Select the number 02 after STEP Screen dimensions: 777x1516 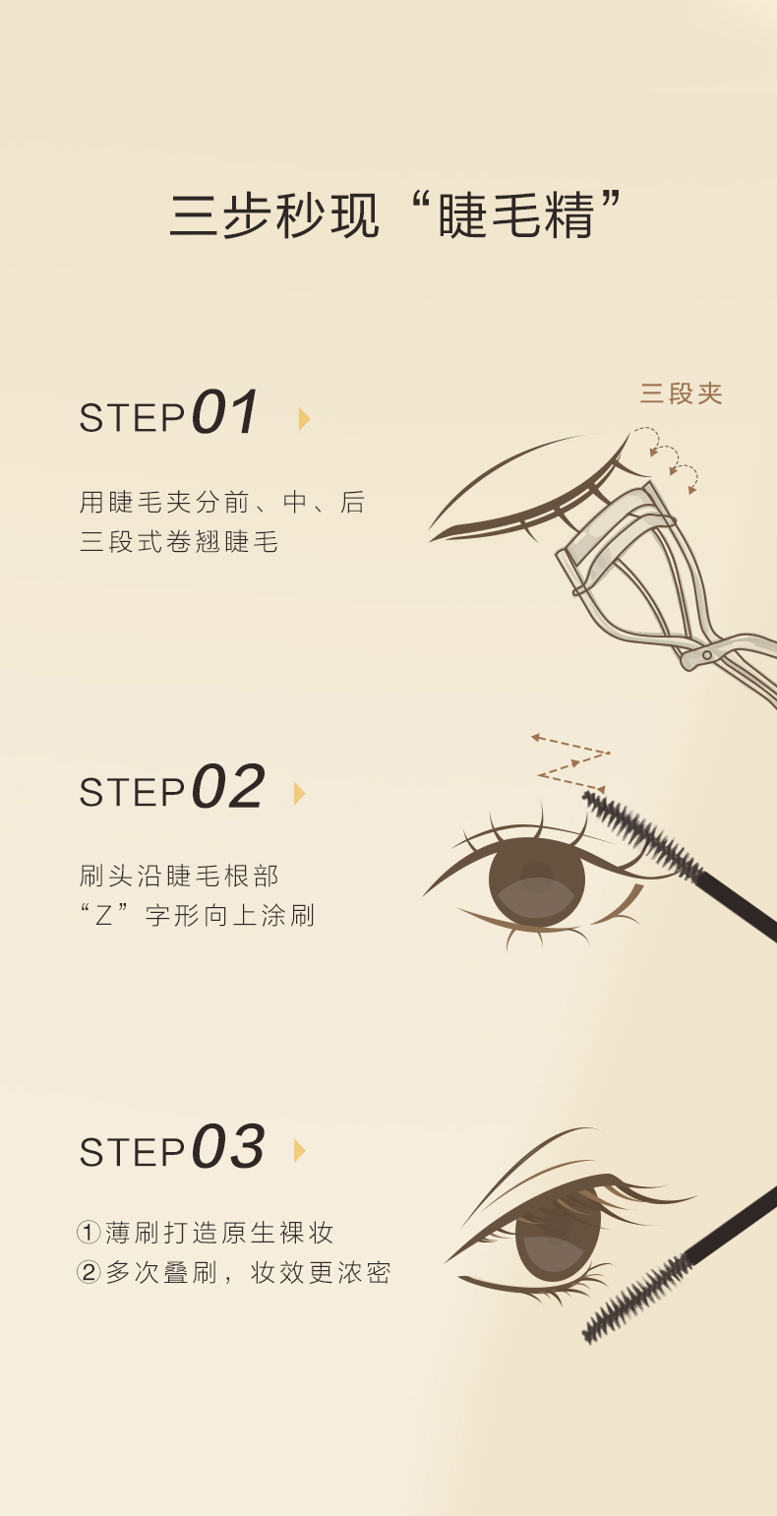[x=227, y=786]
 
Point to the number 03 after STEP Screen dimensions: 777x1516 [x=227, y=1146]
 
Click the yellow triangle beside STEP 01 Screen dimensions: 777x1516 [x=304, y=419]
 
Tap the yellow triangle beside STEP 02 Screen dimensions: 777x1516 [x=299, y=793]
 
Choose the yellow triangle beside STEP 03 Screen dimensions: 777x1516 [x=299, y=1151]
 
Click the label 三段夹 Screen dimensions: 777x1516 [x=681, y=394]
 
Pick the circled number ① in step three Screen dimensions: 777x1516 [x=89, y=1232]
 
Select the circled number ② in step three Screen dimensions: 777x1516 [x=89, y=1272]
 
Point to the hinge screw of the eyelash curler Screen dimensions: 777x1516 [x=706, y=655]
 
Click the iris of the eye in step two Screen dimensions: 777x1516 [x=537, y=881]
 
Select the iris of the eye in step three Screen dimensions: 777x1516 [x=558, y=1238]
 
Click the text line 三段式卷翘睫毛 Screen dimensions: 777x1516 [x=179, y=541]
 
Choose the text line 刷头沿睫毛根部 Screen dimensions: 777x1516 [x=179, y=876]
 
